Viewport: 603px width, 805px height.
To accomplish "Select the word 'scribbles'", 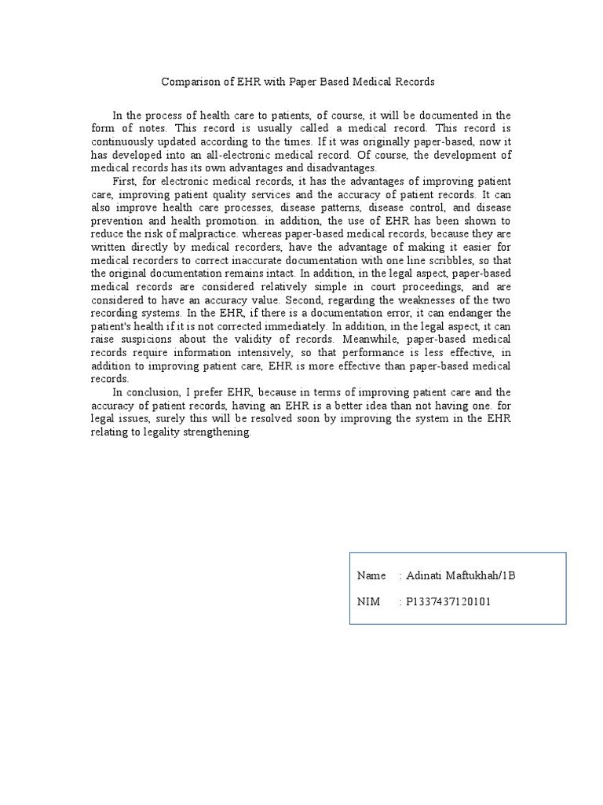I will click(437, 262).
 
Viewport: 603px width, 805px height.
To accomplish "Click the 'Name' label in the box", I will click(371, 576).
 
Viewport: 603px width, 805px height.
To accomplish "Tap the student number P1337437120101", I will click(449, 602).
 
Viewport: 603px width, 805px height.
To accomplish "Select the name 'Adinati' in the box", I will click(425, 576).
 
